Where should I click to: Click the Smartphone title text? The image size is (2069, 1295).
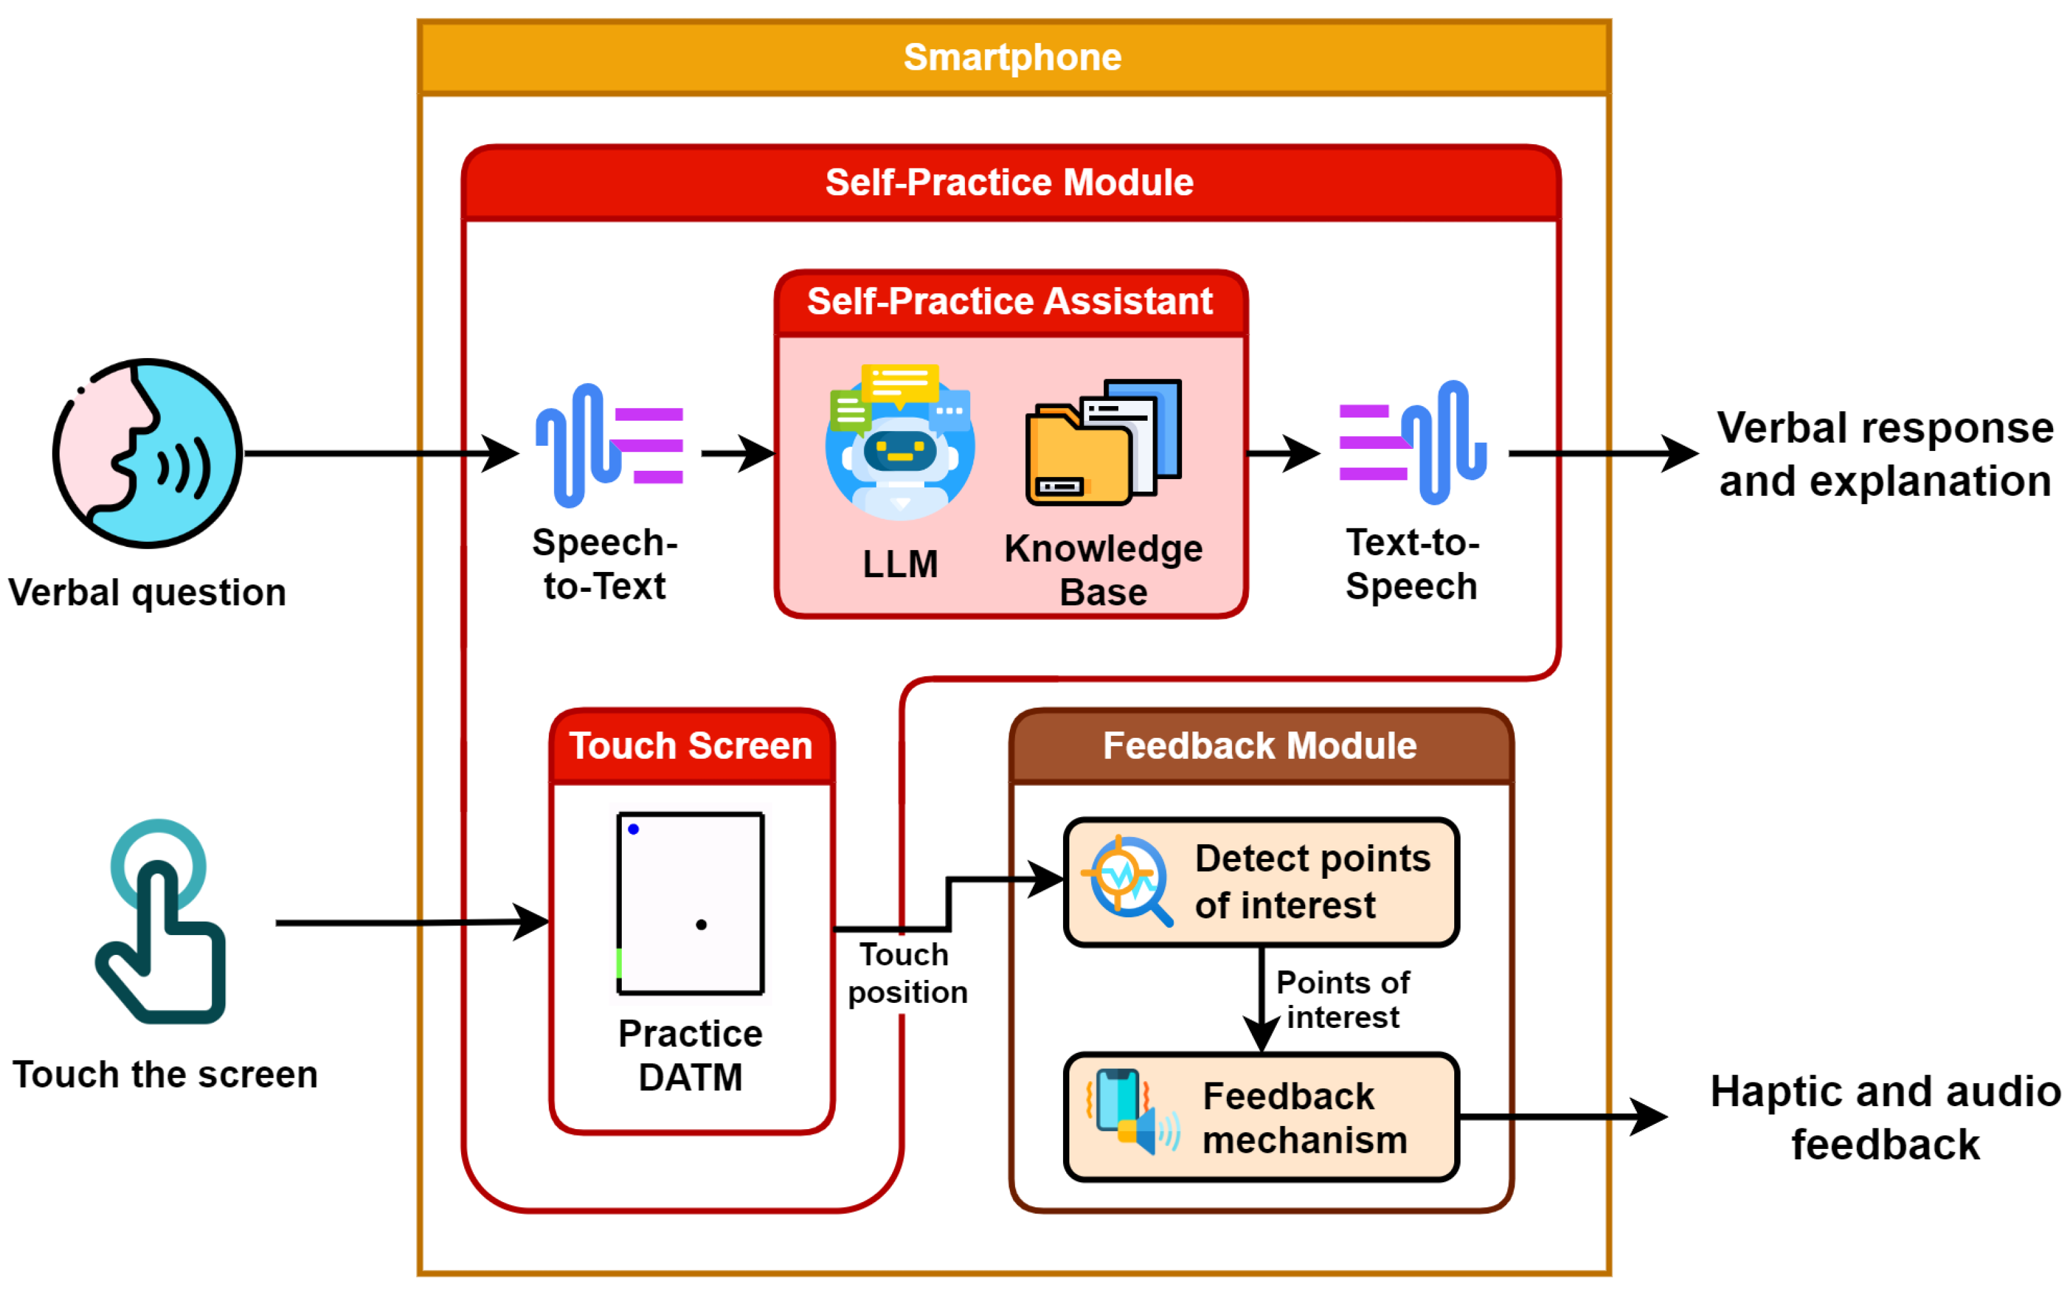pos(1012,58)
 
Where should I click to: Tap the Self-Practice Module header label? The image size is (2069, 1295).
pos(1010,183)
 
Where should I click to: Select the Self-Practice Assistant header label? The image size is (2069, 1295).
pos(1010,302)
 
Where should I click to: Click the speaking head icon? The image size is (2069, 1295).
pos(147,453)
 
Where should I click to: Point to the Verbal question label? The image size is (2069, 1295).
pos(147,592)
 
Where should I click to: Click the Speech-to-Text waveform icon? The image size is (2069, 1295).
pos(610,445)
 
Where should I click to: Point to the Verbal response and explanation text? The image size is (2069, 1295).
pos(1885,454)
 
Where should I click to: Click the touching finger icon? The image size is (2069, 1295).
pos(160,922)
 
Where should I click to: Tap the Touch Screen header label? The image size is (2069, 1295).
pos(691,746)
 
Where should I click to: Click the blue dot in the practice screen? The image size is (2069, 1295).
pos(634,829)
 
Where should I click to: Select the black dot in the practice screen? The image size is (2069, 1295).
pos(701,925)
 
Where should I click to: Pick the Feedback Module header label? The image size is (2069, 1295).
pos(1260,746)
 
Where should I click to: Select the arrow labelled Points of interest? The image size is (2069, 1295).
pos(1262,1000)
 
